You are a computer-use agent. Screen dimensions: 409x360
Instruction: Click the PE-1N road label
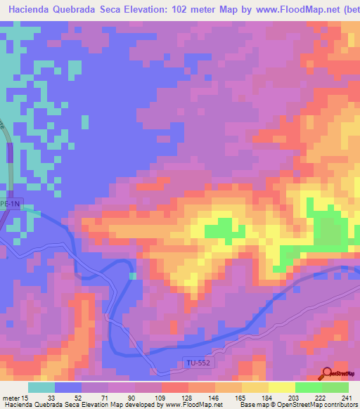point(12,203)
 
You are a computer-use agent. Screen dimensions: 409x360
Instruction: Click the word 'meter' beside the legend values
point(11,397)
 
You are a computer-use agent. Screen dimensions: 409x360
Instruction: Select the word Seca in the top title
point(129,8)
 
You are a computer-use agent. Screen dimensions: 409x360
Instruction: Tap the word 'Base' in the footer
point(247,404)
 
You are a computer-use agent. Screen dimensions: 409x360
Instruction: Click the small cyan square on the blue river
point(133,275)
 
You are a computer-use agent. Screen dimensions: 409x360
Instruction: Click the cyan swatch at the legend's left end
point(41,387)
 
